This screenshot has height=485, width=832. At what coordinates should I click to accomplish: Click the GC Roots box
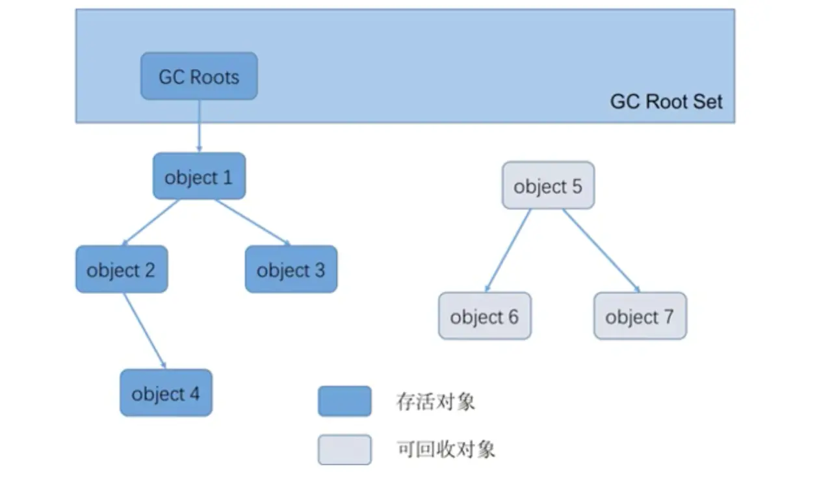pyautogui.click(x=199, y=77)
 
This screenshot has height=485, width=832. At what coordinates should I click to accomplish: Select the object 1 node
pyautogui.click(x=199, y=177)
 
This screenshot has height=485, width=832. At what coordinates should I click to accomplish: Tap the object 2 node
pyautogui.click(x=122, y=270)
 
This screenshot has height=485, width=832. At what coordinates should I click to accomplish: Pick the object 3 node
pyautogui.click(x=291, y=270)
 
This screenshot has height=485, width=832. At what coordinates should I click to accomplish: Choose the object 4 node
pyautogui.click(x=166, y=393)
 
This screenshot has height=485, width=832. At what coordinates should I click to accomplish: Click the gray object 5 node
pyautogui.click(x=548, y=186)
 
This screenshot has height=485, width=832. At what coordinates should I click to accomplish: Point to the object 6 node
pyautogui.click(x=484, y=317)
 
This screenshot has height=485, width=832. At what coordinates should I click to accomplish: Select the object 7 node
pyautogui.click(x=640, y=317)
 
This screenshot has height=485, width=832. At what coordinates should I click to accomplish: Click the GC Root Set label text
pyautogui.click(x=666, y=102)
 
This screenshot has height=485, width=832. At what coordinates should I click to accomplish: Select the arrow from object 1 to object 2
pyautogui.click(x=151, y=222)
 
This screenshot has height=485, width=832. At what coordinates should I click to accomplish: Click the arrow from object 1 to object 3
pyautogui.click(x=252, y=222)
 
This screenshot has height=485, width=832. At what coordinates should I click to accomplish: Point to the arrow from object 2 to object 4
pyautogui.click(x=144, y=331)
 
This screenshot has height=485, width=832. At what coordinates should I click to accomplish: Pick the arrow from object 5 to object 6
pyautogui.click(x=509, y=250)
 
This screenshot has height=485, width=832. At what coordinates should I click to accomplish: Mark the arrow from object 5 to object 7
pyautogui.click(x=601, y=250)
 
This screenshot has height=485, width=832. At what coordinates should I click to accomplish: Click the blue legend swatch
pyautogui.click(x=344, y=401)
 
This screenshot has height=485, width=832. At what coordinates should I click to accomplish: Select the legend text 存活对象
pyautogui.click(x=435, y=401)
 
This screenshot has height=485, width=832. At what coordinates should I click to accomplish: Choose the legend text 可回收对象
pyautogui.click(x=445, y=449)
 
